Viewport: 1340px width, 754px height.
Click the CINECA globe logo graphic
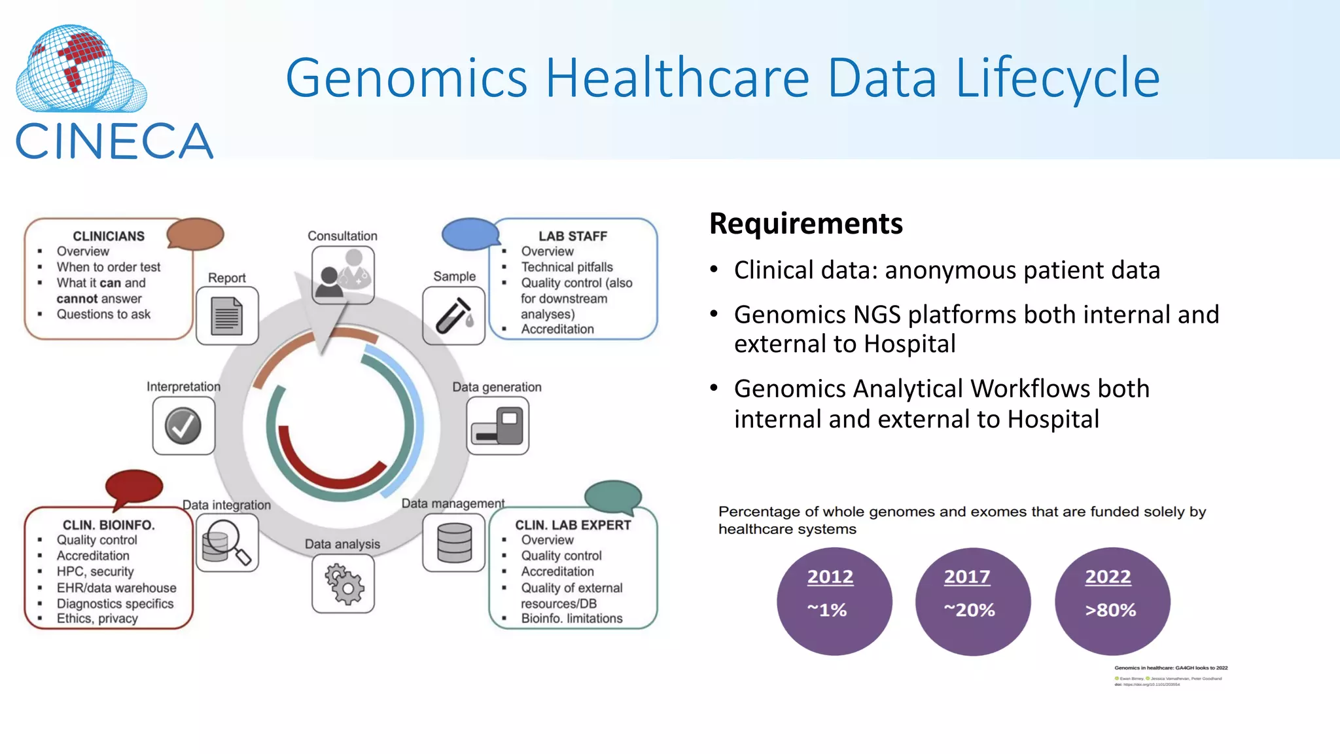(80, 69)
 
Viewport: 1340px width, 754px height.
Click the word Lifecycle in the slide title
(1057, 79)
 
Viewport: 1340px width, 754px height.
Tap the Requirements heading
(805, 224)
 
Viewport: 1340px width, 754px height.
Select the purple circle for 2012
(834, 601)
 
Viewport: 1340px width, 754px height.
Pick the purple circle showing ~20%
(972, 601)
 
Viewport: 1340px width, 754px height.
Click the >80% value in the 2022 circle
(1110, 611)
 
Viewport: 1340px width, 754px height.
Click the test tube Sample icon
(453, 315)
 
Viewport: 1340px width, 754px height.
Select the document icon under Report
(227, 316)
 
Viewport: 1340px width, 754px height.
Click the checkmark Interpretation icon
(183, 426)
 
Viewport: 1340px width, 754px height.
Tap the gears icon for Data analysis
(343, 584)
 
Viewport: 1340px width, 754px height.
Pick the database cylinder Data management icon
(454, 543)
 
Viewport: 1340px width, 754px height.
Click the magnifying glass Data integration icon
(226, 543)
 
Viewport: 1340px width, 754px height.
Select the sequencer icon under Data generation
(497, 426)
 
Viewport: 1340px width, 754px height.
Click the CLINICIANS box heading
(109, 236)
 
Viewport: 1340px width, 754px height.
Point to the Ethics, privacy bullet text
(97, 619)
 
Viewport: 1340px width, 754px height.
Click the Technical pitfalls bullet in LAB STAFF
(567, 267)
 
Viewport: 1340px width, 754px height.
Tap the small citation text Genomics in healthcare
(1171, 668)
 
